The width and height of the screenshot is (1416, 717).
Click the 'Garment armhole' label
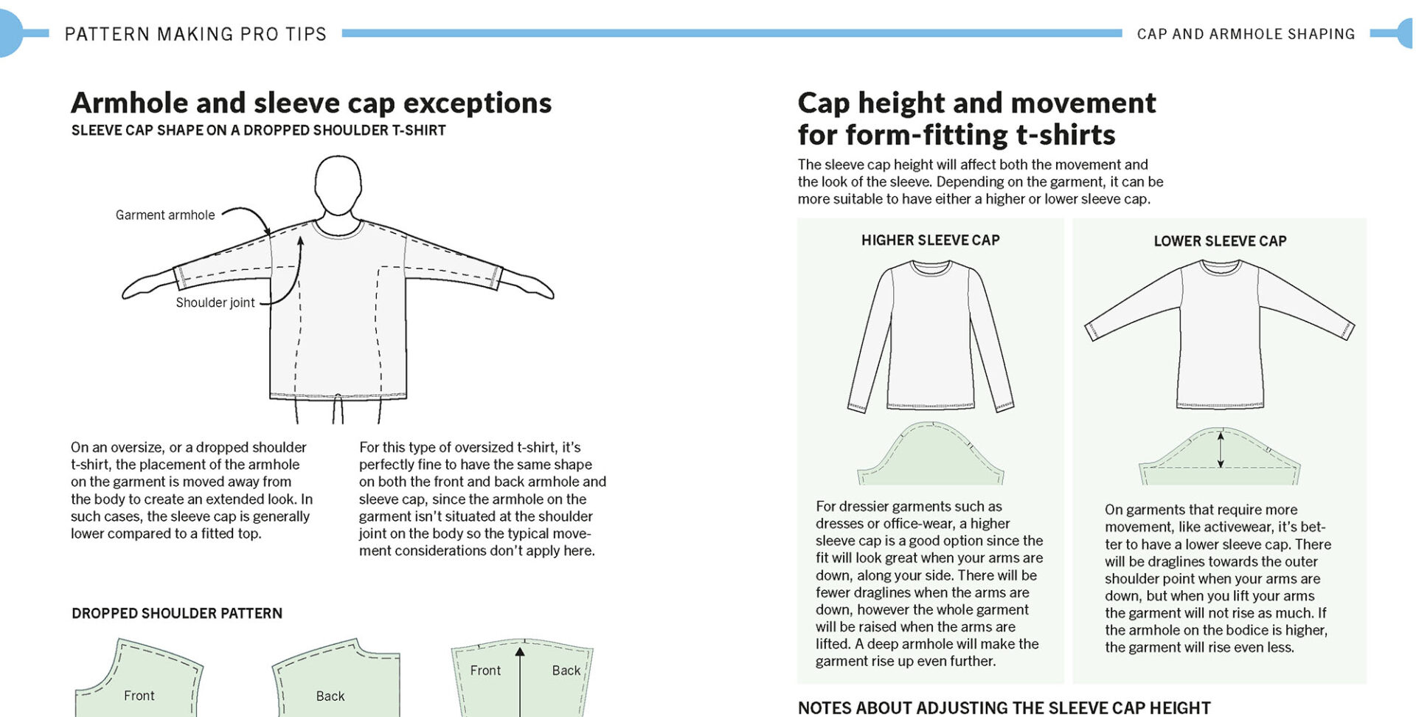click(x=165, y=215)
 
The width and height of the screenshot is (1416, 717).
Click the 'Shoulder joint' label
click(x=215, y=302)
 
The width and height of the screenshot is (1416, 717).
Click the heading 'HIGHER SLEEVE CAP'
click(x=930, y=240)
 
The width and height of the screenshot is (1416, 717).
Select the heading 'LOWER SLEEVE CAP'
click(x=1220, y=241)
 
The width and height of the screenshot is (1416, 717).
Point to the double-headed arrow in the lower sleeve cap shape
click(x=1221, y=450)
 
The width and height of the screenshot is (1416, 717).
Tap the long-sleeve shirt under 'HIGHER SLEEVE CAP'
click(x=931, y=339)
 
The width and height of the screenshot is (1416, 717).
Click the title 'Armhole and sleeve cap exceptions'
click(x=310, y=103)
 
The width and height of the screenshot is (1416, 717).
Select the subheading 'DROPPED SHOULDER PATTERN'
click(x=177, y=614)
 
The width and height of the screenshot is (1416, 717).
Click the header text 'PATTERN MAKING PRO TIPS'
click(x=195, y=34)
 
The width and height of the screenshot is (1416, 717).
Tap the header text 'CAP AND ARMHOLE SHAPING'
click(x=1246, y=34)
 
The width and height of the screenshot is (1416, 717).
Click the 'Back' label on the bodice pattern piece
click(x=330, y=696)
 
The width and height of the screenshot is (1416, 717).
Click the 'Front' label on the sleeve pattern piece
click(x=485, y=671)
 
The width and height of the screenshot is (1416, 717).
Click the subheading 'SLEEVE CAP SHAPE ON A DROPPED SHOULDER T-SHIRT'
click(x=258, y=131)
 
